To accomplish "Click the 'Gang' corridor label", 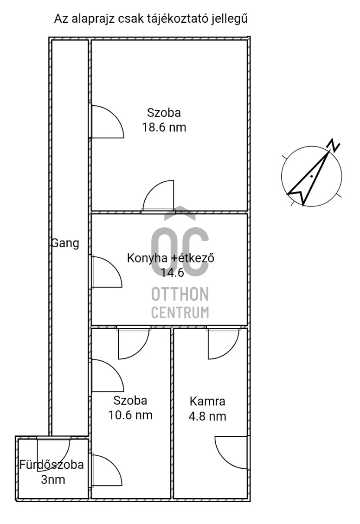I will (65, 243).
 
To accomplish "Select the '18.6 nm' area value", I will (164, 128).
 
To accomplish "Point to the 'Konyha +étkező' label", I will (170, 258).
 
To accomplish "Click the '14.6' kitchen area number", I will (173, 273).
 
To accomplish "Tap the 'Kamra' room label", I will (207, 401).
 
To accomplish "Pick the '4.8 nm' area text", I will (207, 416).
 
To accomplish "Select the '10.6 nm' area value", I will (130, 415).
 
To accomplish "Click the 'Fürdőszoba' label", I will (51, 465).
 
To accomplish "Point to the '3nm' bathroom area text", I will (53, 479).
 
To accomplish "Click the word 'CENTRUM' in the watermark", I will (180, 313).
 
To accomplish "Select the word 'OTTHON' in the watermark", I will (180, 294).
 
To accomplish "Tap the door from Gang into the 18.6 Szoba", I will (106, 122).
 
